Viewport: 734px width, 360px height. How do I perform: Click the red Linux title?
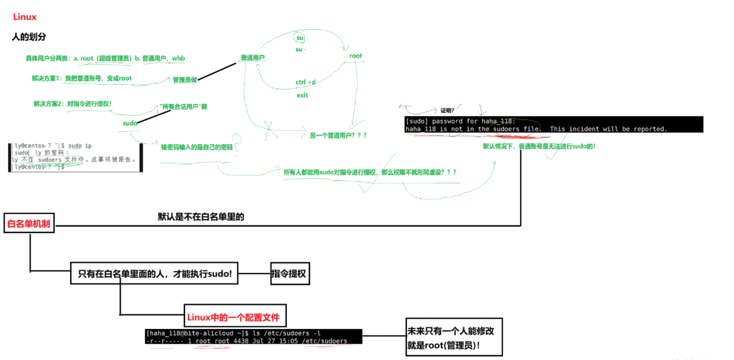coord(25,17)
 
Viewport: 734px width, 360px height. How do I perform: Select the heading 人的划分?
coord(29,37)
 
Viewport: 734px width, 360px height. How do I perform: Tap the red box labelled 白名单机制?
coord(29,224)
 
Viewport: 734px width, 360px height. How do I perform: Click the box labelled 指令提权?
coord(290,274)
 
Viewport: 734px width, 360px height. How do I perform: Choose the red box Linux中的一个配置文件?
coord(235,317)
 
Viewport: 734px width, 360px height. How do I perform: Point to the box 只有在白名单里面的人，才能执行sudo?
coord(154,274)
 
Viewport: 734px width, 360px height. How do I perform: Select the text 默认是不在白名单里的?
coord(201,217)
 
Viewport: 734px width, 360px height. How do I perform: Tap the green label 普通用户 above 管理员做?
coord(252,58)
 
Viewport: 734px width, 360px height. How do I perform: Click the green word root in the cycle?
coord(356,56)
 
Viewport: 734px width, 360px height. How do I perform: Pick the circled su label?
coord(299,38)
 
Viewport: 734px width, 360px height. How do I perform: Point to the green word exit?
coord(302,95)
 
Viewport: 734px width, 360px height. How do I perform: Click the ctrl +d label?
coord(306,82)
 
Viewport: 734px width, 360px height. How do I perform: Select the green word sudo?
coord(130,123)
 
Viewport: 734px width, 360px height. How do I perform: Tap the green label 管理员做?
coord(185,80)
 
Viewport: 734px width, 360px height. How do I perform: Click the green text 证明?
coord(447,110)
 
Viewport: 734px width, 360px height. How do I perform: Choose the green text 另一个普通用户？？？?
coord(338,135)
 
